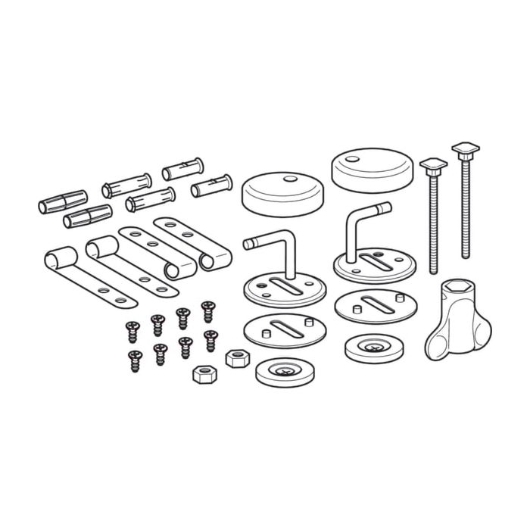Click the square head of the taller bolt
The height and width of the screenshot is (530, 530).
point(463,146)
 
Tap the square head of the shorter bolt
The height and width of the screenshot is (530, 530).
point(433,164)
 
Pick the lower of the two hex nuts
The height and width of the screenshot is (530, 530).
point(204,373)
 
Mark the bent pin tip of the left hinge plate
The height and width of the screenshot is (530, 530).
point(247,242)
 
